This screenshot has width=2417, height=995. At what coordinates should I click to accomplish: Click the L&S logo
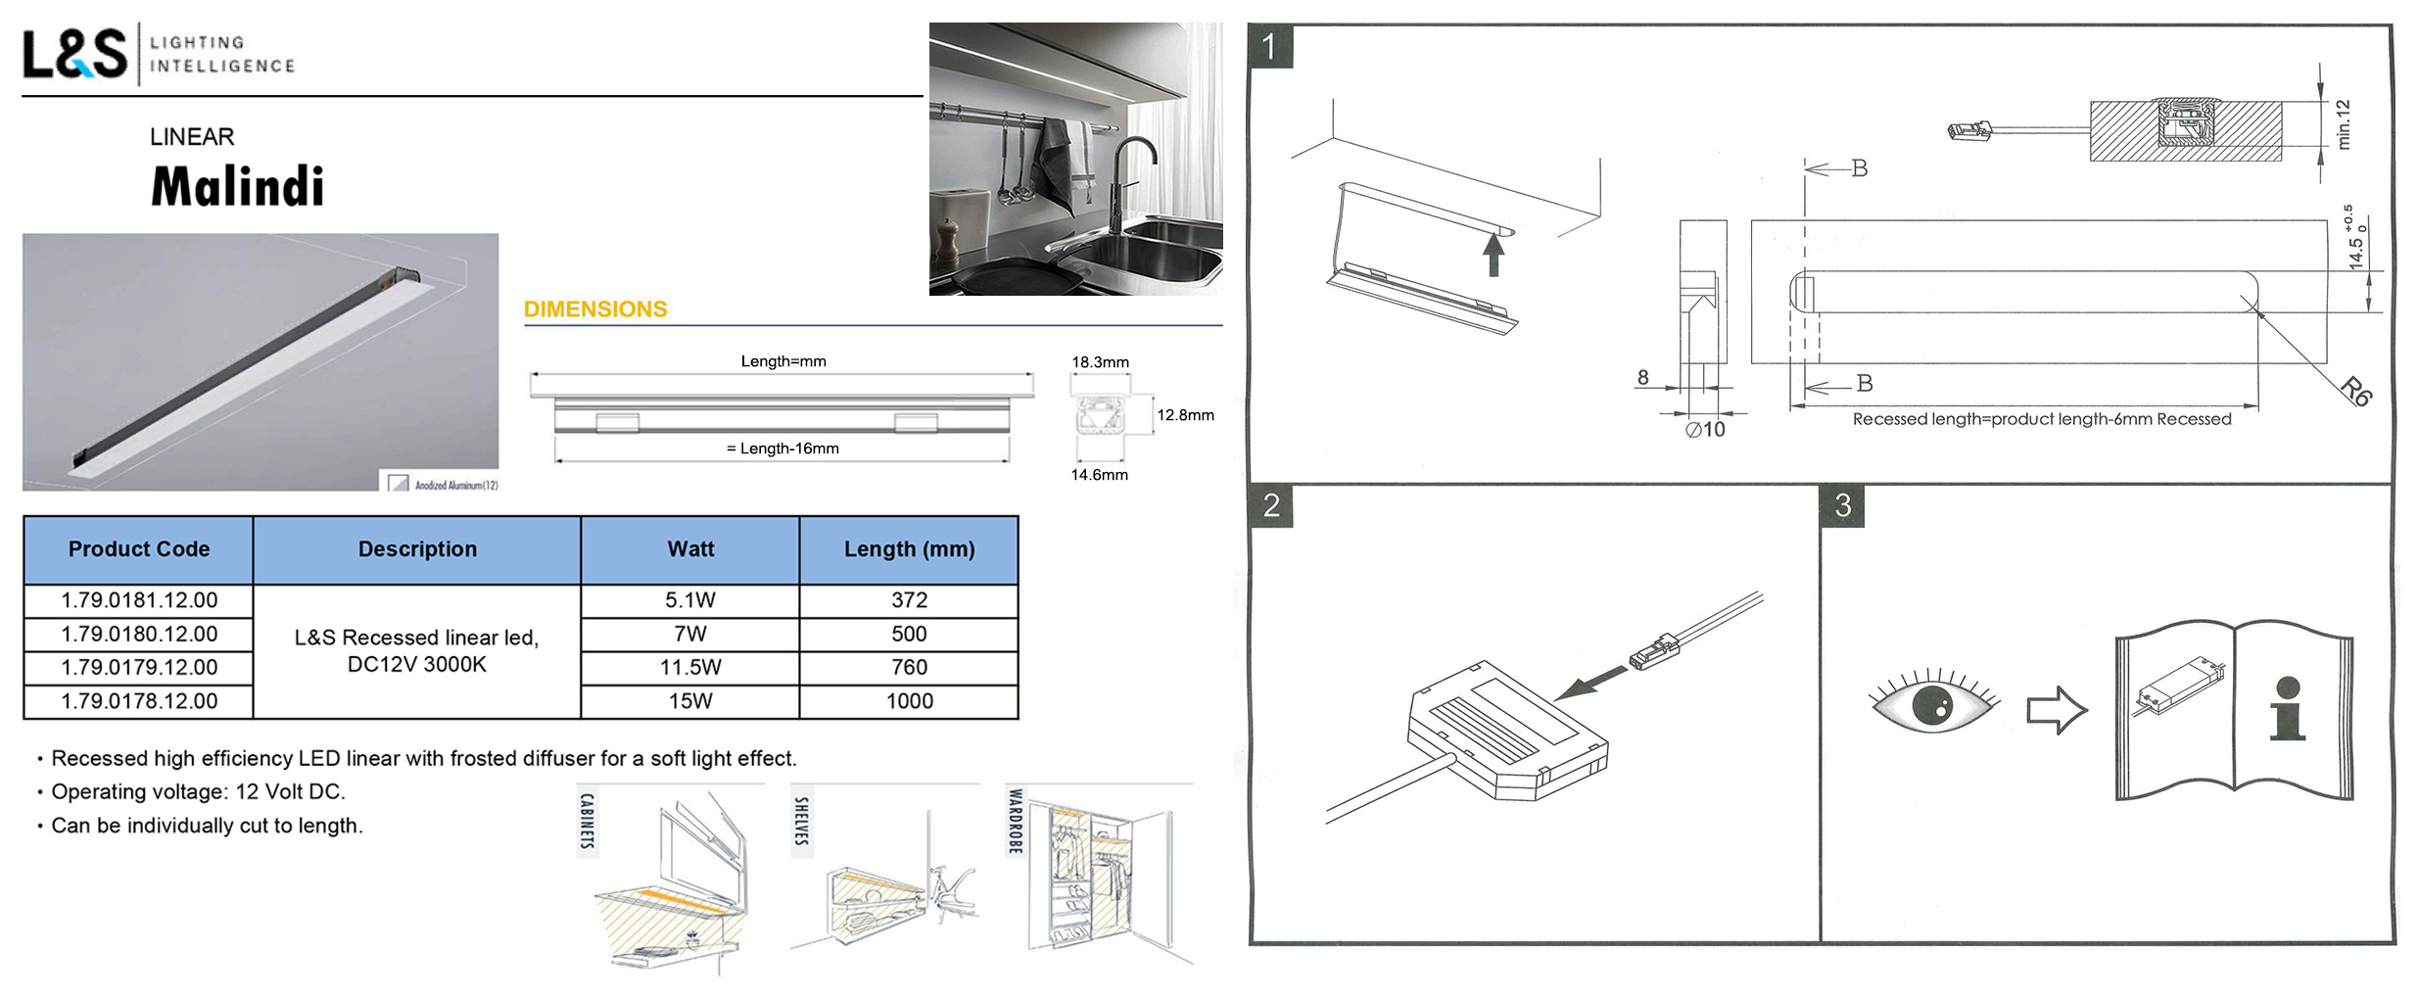pyautogui.click(x=74, y=53)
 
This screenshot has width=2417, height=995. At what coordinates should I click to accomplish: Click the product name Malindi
pyautogui.click(x=237, y=186)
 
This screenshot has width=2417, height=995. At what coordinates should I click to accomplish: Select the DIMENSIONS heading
pyautogui.click(x=595, y=309)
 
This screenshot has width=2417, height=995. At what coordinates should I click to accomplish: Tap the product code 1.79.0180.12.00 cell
pyautogui.click(x=139, y=634)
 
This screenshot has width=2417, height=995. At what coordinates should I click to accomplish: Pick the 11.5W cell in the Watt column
pyautogui.click(x=690, y=667)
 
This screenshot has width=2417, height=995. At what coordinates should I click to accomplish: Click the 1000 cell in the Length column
pyautogui.click(x=909, y=701)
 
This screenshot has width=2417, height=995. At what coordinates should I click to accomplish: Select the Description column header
pyautogui.click(x=417, y=549)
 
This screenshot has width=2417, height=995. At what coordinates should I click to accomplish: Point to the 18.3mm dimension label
pyautogui.click(x=1100, y=362)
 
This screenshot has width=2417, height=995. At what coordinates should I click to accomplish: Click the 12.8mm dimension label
pyautogui.click(x=1185, y=415)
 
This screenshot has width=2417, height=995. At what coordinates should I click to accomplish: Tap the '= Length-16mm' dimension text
pyautogui.click(x=782, y=449)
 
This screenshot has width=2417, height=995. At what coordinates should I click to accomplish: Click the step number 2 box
pyautogui.click(x=1271, y=505)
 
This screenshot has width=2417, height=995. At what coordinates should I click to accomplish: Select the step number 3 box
pyautogui.click(x=1842, y=505)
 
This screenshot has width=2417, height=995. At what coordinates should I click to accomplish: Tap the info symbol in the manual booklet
pyautogui.click(x=2288, y=708)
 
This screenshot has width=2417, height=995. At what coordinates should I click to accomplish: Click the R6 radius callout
pyautogui.click(x=2356, y=391)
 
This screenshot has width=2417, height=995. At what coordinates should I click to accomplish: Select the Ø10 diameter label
pyautogui.click(x=1705, y=429)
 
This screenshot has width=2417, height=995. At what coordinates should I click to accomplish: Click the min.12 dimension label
pyautogui.click(x=2343, y=124)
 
